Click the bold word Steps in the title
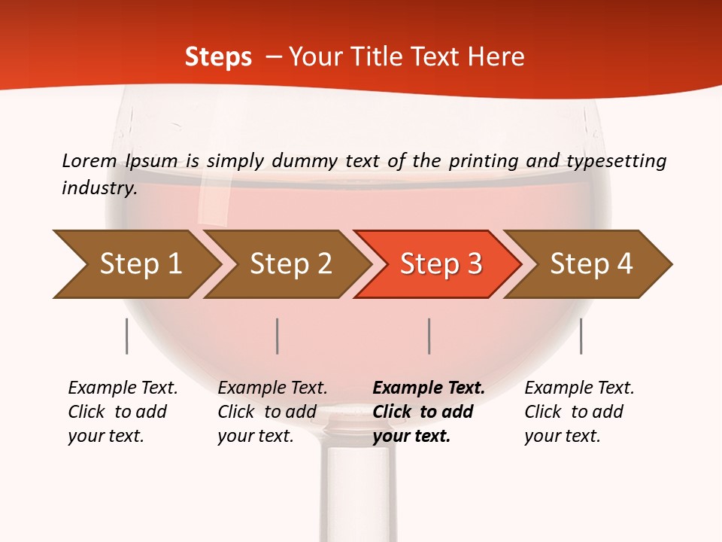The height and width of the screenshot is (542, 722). (x=218, y=56)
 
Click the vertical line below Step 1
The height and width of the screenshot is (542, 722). (x=127, y=336)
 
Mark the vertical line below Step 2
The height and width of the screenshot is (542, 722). (x=278, y=336)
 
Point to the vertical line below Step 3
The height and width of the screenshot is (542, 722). (x=429, y=336)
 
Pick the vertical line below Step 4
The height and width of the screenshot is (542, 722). (x=581, y=336)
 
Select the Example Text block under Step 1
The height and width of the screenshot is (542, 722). (x=122, y=412)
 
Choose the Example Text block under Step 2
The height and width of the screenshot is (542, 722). (x=272, y=412)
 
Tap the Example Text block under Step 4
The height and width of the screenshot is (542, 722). (x=578, y=412)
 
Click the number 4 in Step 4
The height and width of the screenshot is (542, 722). (x=624, y=263)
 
